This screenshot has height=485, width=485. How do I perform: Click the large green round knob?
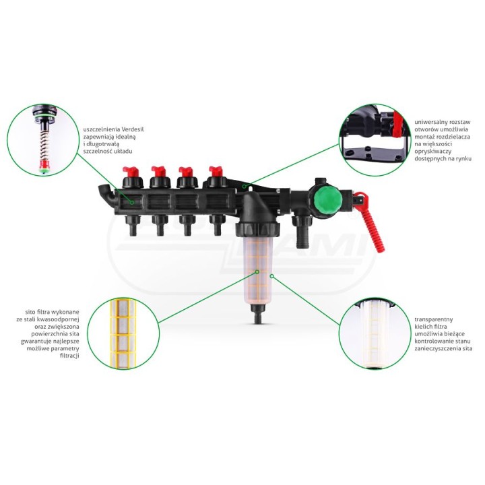click(x=325, y=201)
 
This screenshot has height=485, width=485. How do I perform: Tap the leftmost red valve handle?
click(x=131, y=171)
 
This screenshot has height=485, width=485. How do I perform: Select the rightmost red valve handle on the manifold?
click(x=216, y=171)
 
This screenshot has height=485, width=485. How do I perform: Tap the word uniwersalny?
click(x=428, y=122)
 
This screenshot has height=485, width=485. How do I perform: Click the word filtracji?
click(x=69, y=356)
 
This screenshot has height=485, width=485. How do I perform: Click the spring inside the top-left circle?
click(x=44, y=144)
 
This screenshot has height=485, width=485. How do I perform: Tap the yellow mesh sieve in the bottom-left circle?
click(x=123, y=333)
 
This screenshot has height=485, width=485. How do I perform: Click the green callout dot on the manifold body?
click(x=132, y=203)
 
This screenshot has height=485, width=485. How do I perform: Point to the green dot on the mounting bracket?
click(x=245, y=186)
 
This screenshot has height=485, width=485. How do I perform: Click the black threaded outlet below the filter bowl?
click(x=258, y=313)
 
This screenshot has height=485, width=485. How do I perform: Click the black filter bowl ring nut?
click(x=257, y=228)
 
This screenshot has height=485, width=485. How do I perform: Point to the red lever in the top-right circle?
click(x=397, y=125)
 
